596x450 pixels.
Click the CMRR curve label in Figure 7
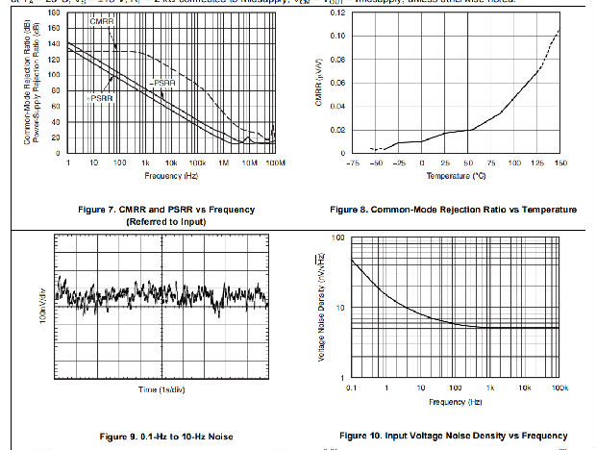[x=105, y=20]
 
